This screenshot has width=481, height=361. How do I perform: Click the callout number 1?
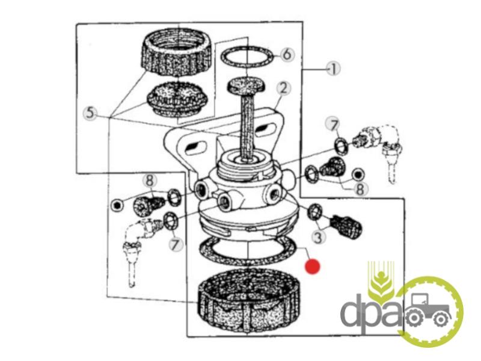tap(333, 69)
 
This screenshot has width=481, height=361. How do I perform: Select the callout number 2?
tap(283, 88)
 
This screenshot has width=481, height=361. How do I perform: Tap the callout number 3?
tap(318, 237)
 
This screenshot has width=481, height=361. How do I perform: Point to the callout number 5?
tap(90, 113)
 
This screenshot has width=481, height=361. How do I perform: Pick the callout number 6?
tap(287, 55)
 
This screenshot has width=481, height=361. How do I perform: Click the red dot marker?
tap(312, 267)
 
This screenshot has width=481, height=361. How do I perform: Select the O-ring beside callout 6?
tap(247, 57)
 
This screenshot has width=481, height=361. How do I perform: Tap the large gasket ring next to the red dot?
tap(248, 251)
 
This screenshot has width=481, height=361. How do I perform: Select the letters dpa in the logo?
tap(372, 312)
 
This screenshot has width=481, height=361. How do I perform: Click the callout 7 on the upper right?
tap(334, 125)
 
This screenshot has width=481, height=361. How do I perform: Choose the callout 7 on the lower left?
tap(176, 245)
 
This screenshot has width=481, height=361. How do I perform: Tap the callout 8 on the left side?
tap(149, 181)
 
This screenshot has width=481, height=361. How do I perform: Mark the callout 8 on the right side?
tap(360, 189)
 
